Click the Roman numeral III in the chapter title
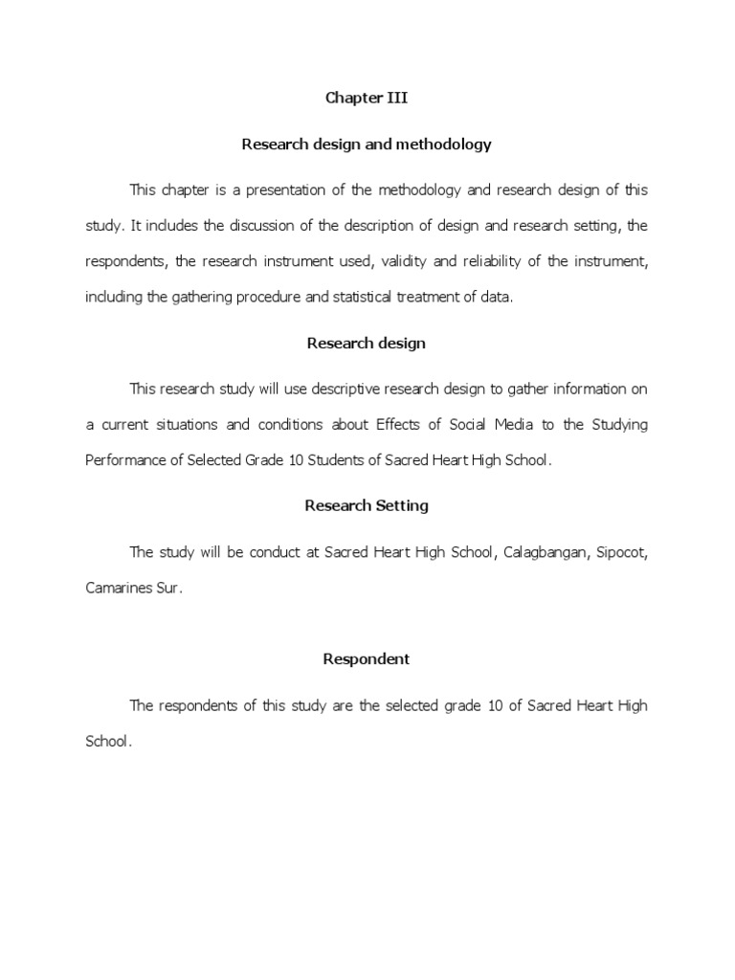click(395, 99)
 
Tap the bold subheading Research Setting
click(367, 505)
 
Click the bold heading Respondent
click(367, 658)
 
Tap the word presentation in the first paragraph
click(286, 190)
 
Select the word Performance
click(123, 460)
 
